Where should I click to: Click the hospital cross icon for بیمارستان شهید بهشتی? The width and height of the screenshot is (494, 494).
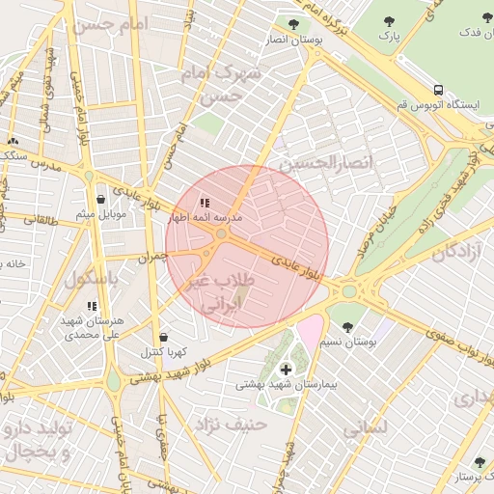286,370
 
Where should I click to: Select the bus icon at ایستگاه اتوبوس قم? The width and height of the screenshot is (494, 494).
438,89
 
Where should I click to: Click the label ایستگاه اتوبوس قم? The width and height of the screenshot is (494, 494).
434,104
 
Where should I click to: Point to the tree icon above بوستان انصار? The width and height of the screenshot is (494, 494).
293,24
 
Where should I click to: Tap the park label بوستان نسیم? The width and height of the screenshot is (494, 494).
348,342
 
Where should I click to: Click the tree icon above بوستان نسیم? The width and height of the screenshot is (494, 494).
348,326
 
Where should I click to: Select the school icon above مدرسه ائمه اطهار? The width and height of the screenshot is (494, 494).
205,204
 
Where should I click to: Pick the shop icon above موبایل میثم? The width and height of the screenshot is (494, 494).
101,199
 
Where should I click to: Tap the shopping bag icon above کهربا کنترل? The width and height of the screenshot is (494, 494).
163,337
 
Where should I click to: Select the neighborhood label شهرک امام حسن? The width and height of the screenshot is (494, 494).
224,85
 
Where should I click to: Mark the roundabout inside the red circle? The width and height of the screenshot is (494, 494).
222,234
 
